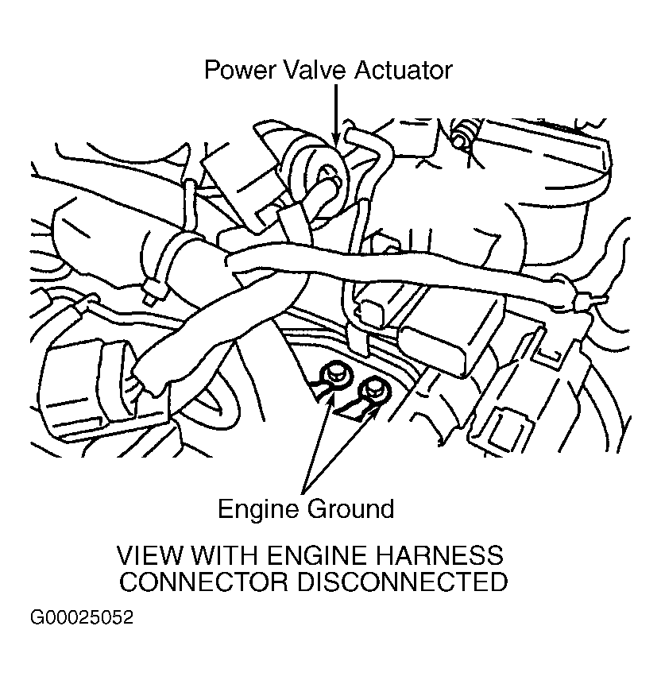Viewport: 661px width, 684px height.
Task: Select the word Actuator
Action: [404, 70]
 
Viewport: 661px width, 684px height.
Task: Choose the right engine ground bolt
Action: [371, 388]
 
